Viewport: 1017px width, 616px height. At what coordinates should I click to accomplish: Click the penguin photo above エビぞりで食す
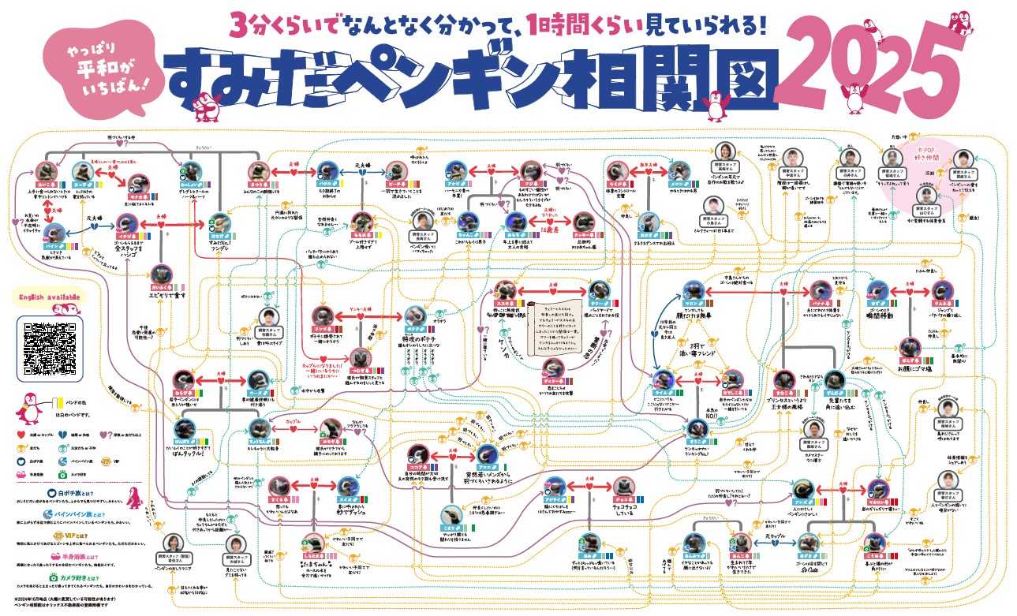(163, 272)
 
